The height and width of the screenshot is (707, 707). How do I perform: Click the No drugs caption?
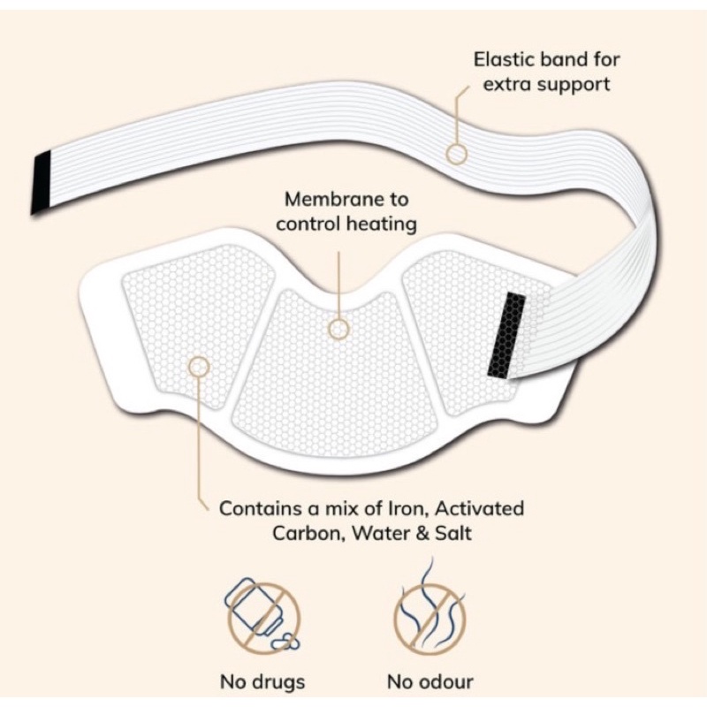click(x=262, y=681)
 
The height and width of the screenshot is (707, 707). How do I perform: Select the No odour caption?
click(x=430, y=681)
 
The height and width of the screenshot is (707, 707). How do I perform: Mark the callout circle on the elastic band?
click(x=456, y=154)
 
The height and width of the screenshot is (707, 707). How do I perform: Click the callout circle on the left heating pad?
click(x=200, y=365)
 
